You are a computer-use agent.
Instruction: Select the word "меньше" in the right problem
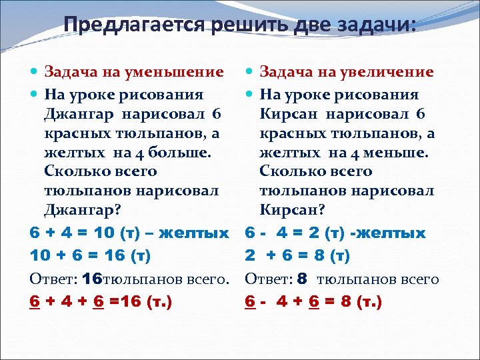(399, 153)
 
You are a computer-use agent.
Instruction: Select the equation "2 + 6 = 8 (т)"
(297, 256)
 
